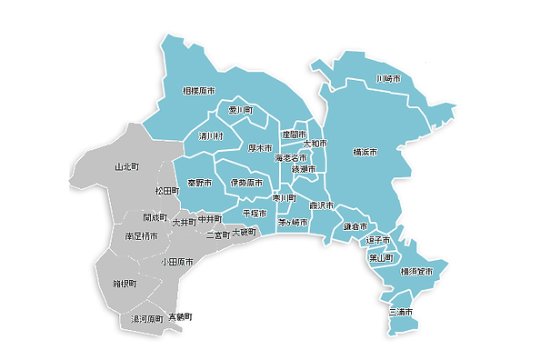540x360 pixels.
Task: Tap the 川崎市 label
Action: (x=388, y=81)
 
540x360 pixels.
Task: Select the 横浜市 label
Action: (x=365, y=151)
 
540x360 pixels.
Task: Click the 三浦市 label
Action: (x=400, y=312)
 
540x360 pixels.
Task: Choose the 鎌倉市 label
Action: (x=355, y=225)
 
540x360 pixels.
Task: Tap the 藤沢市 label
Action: (x=322, y=205)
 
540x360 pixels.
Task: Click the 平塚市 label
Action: (x=255, y=213)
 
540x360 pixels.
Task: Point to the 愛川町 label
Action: (x=240, y=110)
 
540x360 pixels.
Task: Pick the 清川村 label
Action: (x=211, y=136)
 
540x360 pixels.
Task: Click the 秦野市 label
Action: (x=200, y=183)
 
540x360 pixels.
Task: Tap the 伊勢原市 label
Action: (x=245, y=183)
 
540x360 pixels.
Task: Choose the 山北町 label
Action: (x=127, y=167)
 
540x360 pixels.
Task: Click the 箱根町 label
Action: (x=125, y=283)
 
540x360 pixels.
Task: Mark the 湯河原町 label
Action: (x=147, y=319)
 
